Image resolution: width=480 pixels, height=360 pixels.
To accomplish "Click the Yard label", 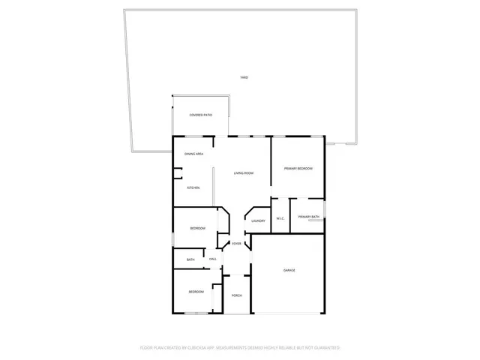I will click(x=244, y=78).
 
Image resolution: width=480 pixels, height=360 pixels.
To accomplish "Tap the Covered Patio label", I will click(x=200, y=115).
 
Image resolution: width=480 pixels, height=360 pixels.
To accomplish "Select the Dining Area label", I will click(x=194, y=154).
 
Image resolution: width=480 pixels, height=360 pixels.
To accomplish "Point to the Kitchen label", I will click(x=193, y=187).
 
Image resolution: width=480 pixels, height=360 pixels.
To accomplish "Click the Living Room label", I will click(x=243, y=173).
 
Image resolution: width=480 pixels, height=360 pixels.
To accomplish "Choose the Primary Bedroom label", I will click(x=298, y=169).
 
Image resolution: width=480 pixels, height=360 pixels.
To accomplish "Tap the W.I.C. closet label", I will click(x=280, y=219).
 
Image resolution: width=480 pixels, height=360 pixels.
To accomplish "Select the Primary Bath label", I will click(x=308, y=217).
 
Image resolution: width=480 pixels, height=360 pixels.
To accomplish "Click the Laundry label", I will click(x=259, y=220).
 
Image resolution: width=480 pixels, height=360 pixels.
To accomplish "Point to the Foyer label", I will click(x=236, y=244).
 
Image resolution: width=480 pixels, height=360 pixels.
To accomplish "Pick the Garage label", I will click(x=289, y=270).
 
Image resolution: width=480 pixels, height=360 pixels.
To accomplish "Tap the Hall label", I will click(x=213, y=259).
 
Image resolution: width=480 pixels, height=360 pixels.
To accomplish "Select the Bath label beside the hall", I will click(x=190, y=259).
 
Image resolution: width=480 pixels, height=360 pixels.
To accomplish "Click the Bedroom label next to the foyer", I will click(x=196, y=228).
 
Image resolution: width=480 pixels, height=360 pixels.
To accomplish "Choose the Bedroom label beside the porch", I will click(x=196, y=292).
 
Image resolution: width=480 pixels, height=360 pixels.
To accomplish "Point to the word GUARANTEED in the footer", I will click(x=327, y=348).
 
